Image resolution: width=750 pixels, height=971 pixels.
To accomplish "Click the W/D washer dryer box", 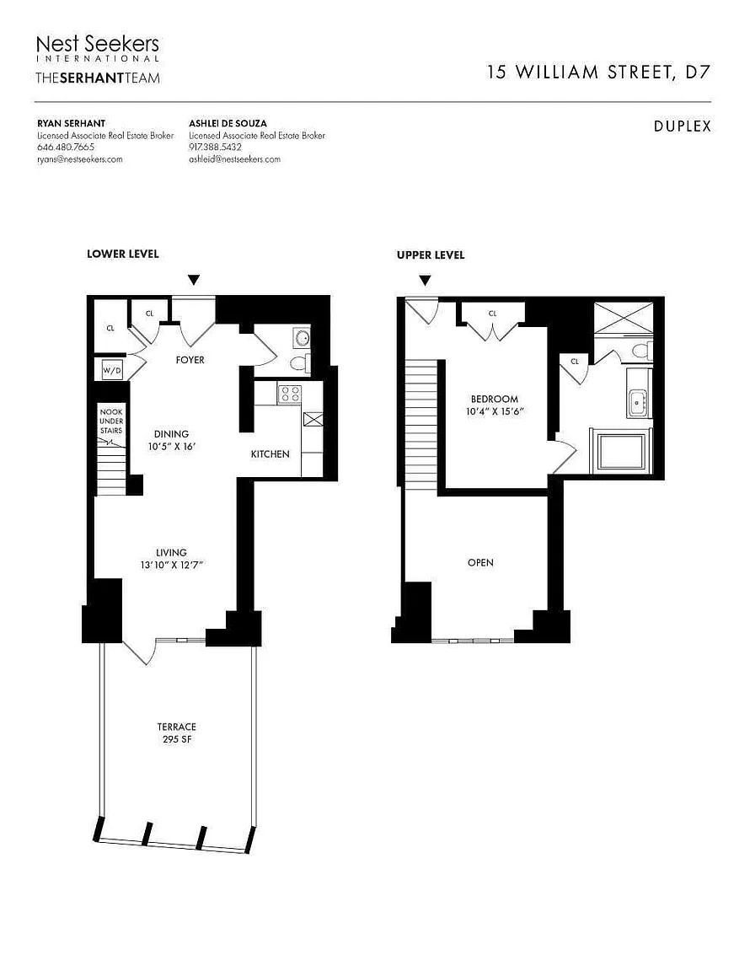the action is [x=112, y=370].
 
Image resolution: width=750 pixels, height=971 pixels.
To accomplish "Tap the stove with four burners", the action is [x=289, y=393].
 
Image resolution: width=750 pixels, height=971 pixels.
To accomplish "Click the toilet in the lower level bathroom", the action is [x=300, y=363].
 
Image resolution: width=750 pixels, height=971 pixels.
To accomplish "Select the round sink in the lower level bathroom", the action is [x=302, y=338].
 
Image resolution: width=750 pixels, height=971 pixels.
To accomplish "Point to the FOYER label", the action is [x=190, y=360].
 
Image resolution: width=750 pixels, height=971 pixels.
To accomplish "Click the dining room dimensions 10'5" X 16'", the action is [x=172, y=447].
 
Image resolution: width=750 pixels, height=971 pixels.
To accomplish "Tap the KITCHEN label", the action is [x=270, y=454].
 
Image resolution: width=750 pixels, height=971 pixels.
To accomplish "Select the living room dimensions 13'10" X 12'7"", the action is [x=172, y=565].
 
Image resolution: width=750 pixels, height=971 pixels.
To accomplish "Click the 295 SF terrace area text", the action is [x=176, y=739].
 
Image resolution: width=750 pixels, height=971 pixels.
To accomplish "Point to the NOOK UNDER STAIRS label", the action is [x=111, y=421].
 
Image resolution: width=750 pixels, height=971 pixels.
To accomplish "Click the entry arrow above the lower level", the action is [x=194, y=280].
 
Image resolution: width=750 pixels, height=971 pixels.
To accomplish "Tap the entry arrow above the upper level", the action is [x=425, y=281].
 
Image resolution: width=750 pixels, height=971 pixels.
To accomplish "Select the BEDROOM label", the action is [x=494, y=399].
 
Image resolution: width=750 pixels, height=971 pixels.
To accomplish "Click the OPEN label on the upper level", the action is [x=480, y=562].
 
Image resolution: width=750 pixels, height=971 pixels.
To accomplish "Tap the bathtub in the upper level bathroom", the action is [x=620, y=451].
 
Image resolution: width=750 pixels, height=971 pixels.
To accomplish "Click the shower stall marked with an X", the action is [x=623, y=318].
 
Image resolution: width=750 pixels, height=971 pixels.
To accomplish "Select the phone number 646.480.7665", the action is [x=66, y=148].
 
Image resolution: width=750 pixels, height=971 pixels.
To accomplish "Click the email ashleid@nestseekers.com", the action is [x=235, y=159].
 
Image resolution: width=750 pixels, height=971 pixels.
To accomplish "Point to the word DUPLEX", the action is [x=683, y=126].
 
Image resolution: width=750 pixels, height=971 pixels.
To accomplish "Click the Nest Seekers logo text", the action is [x=97, y=44].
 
